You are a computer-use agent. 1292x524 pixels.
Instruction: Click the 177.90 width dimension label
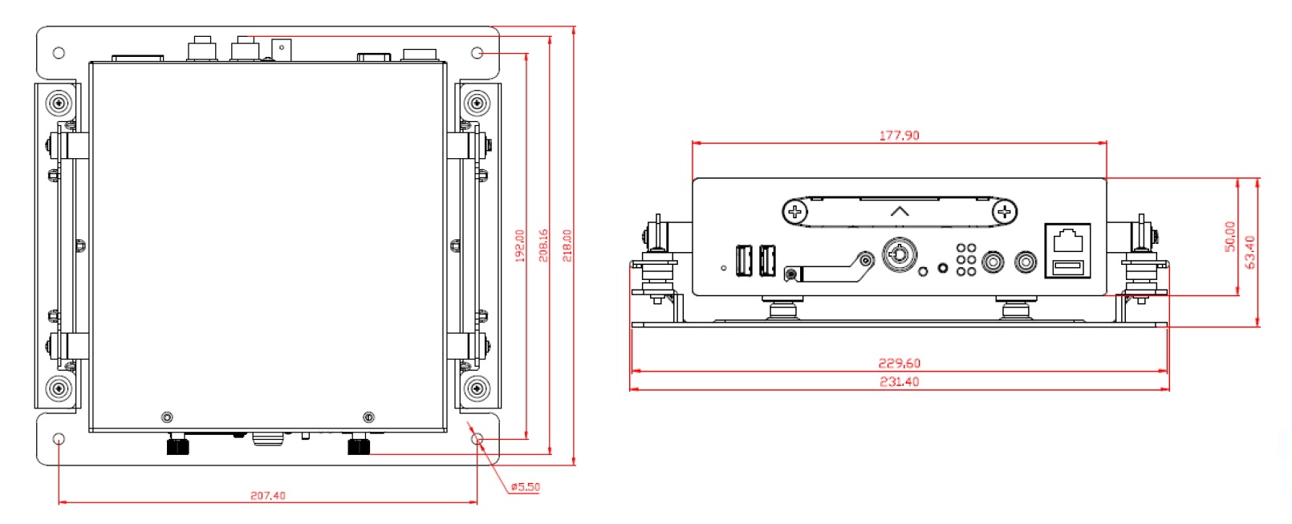[x=899, y=136]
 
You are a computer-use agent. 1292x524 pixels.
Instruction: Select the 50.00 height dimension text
[x=1230, y=237]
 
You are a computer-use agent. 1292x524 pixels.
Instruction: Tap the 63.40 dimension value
[x=1250, y=251]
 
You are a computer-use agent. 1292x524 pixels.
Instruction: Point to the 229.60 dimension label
[x=899, y=364]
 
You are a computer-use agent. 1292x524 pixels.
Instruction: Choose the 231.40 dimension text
[x=899, y=382]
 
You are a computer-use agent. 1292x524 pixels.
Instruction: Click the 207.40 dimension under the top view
[x=267, y=496]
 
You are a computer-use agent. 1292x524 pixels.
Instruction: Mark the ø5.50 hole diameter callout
[x=525, y=487]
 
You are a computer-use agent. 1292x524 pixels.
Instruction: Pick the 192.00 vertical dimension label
[x=519, y=246]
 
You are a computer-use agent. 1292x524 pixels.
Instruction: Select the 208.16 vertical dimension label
[x=543, y=246]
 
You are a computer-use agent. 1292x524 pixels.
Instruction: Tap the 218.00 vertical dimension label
[x=567, y=246]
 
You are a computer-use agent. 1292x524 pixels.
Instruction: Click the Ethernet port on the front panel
[x=1067, y=238]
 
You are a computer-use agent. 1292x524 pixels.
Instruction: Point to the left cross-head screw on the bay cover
[x=794, y=213]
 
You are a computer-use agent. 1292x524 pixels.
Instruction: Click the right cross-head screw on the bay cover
[x=1004, y=213]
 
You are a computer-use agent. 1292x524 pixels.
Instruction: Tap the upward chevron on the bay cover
[x=900, y=211]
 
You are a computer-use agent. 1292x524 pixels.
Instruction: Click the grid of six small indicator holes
[x=966, y=260]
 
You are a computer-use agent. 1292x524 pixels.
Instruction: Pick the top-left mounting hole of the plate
[x=59, y=53]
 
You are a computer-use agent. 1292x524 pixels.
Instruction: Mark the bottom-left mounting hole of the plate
[x=59, y=440]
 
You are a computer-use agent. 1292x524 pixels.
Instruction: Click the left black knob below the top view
[x=177, y=445]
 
